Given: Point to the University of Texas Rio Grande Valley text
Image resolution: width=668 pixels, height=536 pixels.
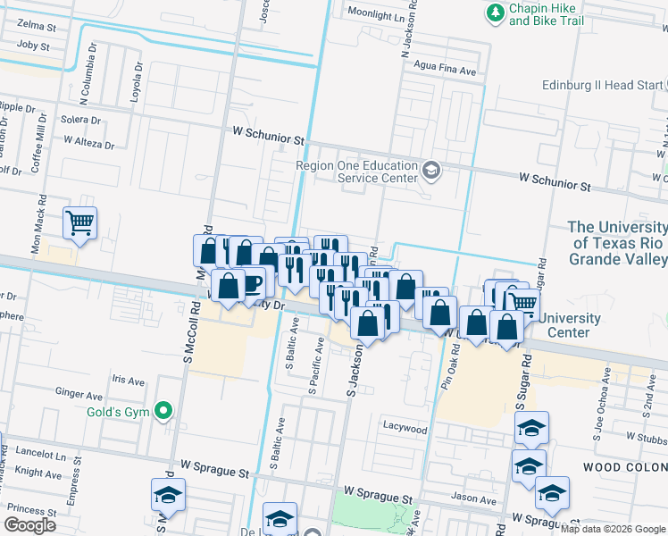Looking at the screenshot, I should tap(617, 243).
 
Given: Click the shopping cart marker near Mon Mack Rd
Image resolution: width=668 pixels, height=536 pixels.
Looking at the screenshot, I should tap(80, 223).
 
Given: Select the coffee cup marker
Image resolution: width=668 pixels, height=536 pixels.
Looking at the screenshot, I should tap(252, 283).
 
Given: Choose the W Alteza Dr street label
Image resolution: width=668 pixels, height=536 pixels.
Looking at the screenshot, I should tap(89, 143).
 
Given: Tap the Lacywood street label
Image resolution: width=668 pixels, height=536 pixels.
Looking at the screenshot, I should tap(405, 428).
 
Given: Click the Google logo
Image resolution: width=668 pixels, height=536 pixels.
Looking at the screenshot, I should tap(29, 525).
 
